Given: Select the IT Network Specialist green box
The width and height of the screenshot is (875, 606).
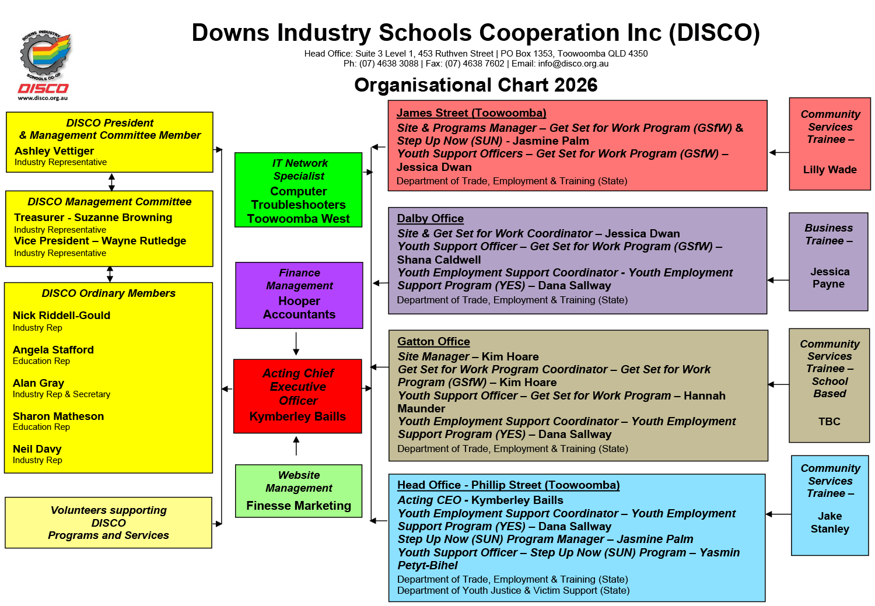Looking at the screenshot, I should point(298,190).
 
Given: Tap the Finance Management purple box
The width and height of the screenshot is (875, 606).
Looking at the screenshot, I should point(299,295).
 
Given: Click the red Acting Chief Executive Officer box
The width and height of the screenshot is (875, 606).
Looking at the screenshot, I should point(297,396).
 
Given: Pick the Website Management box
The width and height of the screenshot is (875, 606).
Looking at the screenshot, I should point(299,491).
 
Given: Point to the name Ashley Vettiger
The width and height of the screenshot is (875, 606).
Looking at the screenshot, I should point(54,151).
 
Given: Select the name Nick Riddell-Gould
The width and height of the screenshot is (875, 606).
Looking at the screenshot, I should point(61,316).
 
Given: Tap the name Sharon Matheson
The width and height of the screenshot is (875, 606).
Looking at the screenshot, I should point(58,416).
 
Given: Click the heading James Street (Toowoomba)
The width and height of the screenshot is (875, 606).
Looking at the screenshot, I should point(471,113).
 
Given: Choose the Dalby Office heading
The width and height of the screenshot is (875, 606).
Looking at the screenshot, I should point(430,219).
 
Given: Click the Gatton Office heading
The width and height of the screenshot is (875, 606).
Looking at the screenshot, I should point(433,342).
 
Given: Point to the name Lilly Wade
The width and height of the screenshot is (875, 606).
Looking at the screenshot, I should point(829,170).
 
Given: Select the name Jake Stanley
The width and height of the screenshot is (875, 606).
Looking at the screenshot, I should point(829,523).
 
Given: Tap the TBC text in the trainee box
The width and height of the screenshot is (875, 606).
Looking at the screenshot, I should point(829,422).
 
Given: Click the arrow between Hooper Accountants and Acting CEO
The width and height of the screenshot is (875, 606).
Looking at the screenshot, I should point(296,344).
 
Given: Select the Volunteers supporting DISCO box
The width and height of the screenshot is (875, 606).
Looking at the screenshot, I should point(108,523).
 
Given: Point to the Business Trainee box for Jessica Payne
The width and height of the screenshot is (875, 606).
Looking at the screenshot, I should point(828,261).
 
